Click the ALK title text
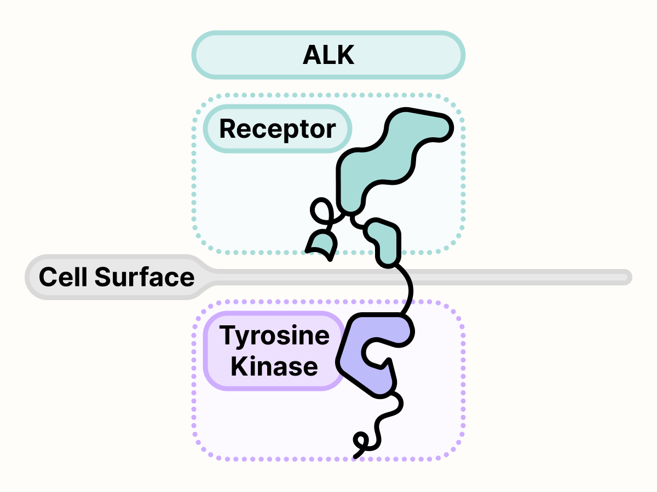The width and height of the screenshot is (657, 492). tap(328, 55)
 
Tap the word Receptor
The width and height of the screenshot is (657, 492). tap(277, 130)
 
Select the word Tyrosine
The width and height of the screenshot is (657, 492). tap(274, 335)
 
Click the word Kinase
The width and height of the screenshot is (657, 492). tap(274, 366)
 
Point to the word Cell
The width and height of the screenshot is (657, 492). tap(62, 277)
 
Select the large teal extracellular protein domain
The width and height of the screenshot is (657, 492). tap(383, 159)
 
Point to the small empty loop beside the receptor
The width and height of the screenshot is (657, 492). tap(321, 210)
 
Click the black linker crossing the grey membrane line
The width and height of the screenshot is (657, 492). tap(408, 277)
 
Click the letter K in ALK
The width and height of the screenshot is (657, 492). tap(345, 55)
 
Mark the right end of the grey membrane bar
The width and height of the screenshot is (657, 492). tap(627, 277)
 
